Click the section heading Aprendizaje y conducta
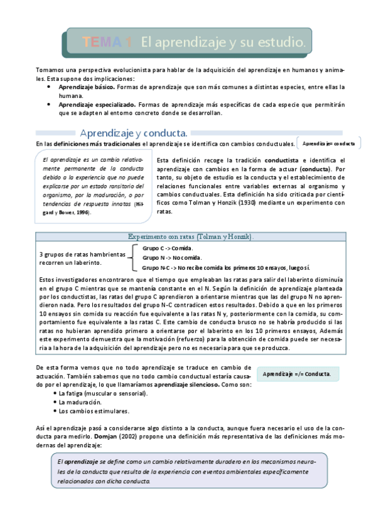pos(134,133)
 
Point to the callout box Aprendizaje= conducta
pos(328,144)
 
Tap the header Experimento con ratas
pos(191,237)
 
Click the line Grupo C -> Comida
pos(168,248)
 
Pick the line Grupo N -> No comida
pos(171,257)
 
